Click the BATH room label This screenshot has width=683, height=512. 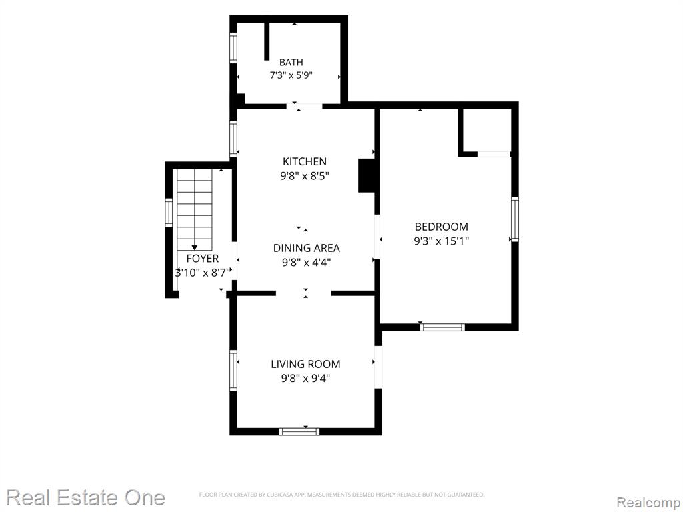click(291, 62)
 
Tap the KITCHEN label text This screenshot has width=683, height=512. click(304, 161)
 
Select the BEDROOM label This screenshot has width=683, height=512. click(442, 227)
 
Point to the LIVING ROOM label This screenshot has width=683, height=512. click(305, 364)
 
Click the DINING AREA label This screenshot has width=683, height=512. click(306, 248)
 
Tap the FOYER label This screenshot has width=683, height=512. click(203, 259)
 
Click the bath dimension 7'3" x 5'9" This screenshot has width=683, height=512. click(291, 75)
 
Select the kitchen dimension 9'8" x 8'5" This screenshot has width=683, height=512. click(304, 176)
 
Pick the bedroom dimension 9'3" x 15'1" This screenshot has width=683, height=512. click(442, 241)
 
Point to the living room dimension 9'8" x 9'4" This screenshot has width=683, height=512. click(305, 379)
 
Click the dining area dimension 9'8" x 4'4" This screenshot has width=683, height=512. click(306, 262)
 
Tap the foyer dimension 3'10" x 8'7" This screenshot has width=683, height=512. click(203, 273)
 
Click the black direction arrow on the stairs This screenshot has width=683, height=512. click(195, 247)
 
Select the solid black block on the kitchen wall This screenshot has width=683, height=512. click(366, 175)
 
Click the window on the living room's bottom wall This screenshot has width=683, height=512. click(299, 431)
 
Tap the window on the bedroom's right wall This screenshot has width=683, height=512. click(514, 219)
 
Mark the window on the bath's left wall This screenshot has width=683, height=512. click(233, 48)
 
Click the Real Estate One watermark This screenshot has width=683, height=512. click(86, 497)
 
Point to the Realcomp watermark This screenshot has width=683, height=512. click(649, 503)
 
